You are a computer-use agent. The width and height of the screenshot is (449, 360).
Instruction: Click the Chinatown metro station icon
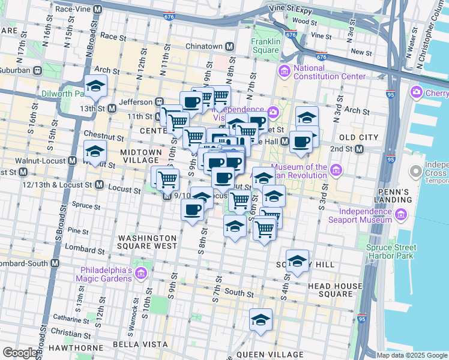pos(229,47)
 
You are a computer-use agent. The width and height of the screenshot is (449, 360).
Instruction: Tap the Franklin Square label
pos(265,46)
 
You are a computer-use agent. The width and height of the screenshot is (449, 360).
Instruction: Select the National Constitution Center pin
pos(284,71)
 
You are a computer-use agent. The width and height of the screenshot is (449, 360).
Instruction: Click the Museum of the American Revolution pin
pos(336,171)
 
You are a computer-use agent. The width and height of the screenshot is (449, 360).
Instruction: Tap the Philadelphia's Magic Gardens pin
pos(141,274)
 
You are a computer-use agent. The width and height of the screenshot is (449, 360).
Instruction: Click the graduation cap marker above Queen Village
pos(261,319)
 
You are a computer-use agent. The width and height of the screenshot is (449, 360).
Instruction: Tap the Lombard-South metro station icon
pos(55,263)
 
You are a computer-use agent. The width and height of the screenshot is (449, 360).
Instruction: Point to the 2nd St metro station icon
pos(360,149)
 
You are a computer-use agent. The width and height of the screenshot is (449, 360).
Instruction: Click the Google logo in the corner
pos(19,353)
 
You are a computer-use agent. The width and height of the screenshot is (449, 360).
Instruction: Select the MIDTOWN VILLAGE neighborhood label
pos(141,156)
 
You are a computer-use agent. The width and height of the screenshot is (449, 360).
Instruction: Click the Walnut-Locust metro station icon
pos(72,160)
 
